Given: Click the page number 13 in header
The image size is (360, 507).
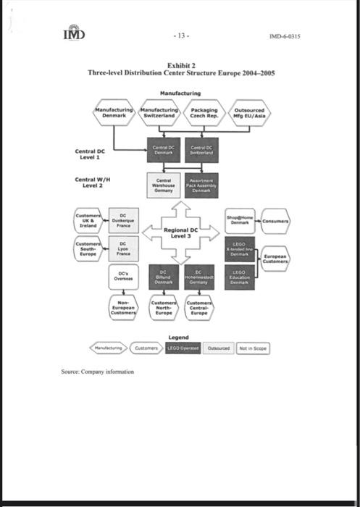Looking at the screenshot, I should [181, 35].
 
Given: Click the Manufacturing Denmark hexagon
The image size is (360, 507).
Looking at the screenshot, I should [114, 113].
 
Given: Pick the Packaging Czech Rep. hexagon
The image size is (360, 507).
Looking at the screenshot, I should [204, 113].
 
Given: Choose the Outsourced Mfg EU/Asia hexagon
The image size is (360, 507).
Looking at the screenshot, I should [249, 113].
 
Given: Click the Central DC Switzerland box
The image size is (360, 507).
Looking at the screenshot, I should [201, 150].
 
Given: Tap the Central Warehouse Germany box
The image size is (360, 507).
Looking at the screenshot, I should [163, 185].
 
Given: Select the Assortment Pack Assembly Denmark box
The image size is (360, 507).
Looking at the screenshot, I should [201, 185].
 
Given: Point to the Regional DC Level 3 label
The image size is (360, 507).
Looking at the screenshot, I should [181, 233].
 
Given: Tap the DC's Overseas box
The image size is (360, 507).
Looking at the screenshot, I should [123, 276].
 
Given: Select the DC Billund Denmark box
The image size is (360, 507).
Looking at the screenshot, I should [163, 276].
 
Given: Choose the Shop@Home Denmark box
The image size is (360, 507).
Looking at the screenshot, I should [240, 220].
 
